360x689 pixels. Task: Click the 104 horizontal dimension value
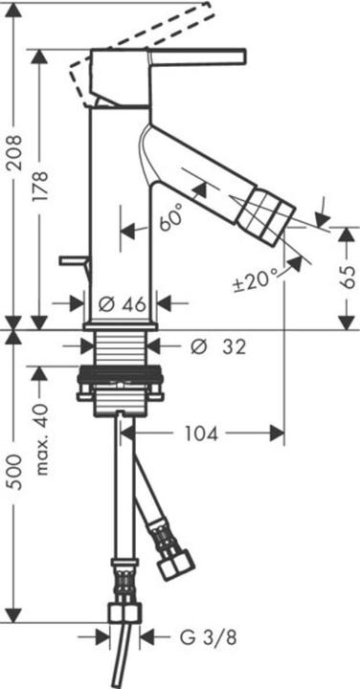point(199,434)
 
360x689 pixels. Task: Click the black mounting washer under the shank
point(121,376)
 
